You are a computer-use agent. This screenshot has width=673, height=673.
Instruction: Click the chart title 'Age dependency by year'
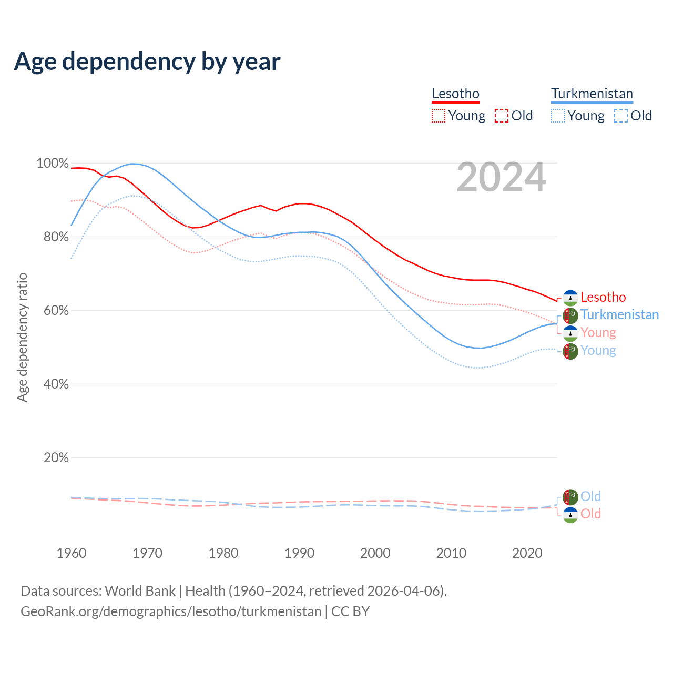pos(147,61)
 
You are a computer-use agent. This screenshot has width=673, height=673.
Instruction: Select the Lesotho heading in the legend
pos(455,94)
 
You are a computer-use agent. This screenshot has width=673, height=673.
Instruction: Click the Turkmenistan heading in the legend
pos(592,94)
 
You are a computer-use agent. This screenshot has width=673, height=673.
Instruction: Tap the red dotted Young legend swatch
pos(438,116)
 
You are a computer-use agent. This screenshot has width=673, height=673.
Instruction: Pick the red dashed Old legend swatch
pos(501,116)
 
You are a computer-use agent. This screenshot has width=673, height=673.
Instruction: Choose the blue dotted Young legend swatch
pos(557,116)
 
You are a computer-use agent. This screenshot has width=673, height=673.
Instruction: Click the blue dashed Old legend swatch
pos(620,116)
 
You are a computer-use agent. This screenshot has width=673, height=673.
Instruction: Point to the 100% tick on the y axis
pos(53,164)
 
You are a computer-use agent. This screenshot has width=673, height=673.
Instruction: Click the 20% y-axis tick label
pos(56,457)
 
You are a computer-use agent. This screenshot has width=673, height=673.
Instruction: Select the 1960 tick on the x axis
pos(72,553)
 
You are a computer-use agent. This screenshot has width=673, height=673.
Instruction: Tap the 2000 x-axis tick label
pos(375,553)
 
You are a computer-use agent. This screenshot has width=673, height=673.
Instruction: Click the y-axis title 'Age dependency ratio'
pos(22,337)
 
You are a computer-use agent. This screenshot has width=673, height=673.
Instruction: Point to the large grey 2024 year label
pos(501,178)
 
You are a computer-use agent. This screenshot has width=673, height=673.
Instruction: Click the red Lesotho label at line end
pos(603,297)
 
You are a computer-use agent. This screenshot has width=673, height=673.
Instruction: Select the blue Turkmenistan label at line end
pos(619,314)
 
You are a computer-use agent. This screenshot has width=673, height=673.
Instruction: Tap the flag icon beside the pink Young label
pos(570,333)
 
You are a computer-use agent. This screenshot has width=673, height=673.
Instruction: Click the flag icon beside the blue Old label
pos(570,496)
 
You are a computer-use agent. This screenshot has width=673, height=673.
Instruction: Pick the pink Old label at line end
pos(590,514)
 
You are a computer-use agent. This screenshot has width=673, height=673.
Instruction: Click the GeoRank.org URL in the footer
pos(171,611)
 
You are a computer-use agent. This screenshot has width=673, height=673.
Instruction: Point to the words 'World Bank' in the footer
pos(140,590)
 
